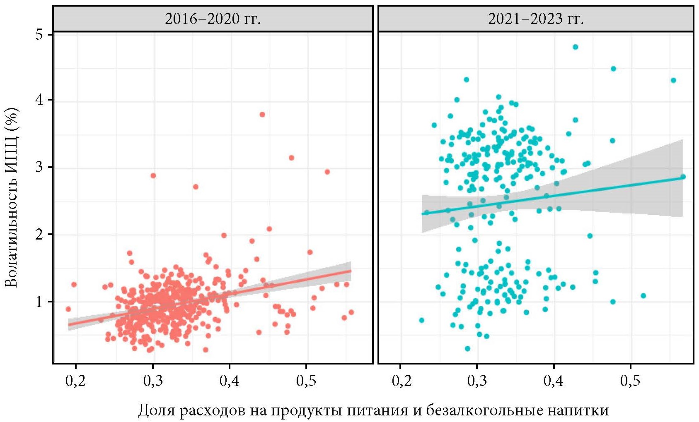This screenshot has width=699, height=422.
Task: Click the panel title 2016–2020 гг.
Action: point(213,19)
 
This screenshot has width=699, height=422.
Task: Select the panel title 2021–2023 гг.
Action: point(536,19)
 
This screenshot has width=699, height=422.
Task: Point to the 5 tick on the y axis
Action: point(39,34)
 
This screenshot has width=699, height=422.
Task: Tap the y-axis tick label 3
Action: point(39,167)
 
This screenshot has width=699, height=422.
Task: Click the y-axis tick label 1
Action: point(39,301)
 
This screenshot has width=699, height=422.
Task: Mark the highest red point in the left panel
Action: point(262,114)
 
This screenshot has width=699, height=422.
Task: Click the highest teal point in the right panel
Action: point(575,47)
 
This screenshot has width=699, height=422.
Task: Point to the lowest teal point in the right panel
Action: point(467,348)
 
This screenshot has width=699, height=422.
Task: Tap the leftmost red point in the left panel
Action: point(68,309)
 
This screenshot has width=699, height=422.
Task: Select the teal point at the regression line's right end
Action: point(683,177)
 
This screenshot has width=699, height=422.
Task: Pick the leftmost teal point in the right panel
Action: point(421,320)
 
